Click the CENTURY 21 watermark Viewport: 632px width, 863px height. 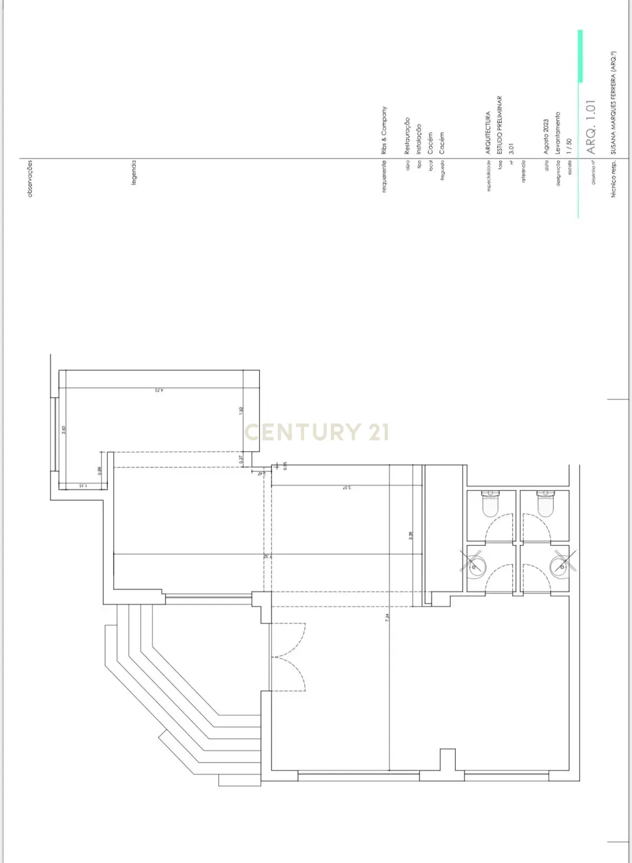click(x=317, y=432)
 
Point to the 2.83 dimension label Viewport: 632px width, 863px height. click(x=64, y=430)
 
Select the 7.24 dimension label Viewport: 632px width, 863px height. click(x=387, y=619)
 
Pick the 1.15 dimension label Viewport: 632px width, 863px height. click(x=82, y=486)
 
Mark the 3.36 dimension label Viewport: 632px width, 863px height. click(x=410, y=536)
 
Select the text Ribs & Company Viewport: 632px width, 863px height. click(x=384, y=131)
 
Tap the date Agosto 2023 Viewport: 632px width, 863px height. click(x=546, y=137)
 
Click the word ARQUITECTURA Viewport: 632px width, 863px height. click(x=489, y=133)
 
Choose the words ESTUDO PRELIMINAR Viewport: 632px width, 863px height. click(x=500, y=126)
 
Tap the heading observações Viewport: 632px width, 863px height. click(x=30, y=178)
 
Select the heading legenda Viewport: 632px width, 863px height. click(x=134, y=172)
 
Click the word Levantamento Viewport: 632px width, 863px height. click(x=558, y=133)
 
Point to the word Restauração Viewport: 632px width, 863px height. click(x=408, y=136)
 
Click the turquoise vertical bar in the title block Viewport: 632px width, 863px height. click(x=580, y=57)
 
